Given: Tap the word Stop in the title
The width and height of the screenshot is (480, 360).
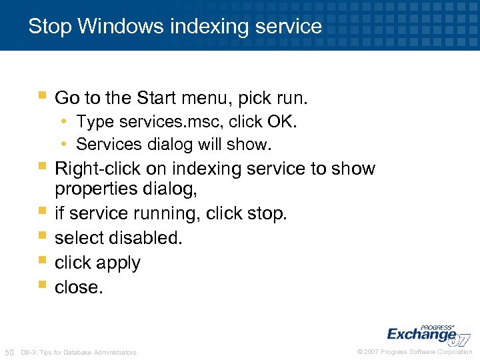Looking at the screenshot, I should pos(50,27).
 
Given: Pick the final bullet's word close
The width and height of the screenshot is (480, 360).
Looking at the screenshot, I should pos(79,287).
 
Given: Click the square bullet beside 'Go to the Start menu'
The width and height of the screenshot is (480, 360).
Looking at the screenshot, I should pos(42,96).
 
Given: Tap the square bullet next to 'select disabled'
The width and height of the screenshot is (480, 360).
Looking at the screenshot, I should pos(42,235).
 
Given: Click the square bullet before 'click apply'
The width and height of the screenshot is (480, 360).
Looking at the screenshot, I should pos(42,260).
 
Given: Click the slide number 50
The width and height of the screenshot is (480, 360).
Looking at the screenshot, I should pos(9,352).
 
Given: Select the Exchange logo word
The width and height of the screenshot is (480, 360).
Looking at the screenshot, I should pos(420,335).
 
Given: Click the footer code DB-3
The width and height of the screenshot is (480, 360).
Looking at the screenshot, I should pos(29,353).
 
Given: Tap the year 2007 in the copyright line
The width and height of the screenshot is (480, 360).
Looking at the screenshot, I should pos(372,352).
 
